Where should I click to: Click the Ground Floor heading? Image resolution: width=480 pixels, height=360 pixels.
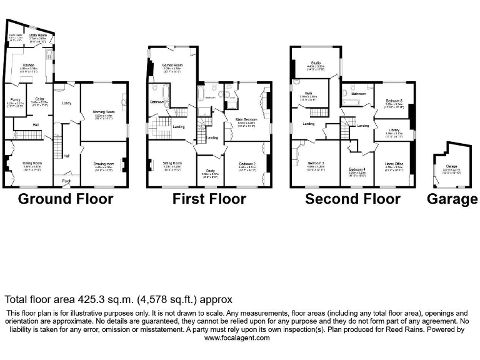(66, 199)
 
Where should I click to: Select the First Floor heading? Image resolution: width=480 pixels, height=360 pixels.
(209, 199)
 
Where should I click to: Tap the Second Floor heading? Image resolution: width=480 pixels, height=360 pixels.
(352, 199)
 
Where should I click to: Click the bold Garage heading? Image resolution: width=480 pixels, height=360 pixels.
(452, 199)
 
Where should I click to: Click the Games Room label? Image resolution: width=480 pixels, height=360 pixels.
(172, 64)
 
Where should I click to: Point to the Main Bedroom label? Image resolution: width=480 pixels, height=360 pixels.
(247, 119)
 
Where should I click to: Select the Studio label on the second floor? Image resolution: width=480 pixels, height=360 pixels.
(317, 62)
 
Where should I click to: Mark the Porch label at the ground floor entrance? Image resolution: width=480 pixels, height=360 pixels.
(66, 182)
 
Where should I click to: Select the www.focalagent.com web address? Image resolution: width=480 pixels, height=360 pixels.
(237, 337)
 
